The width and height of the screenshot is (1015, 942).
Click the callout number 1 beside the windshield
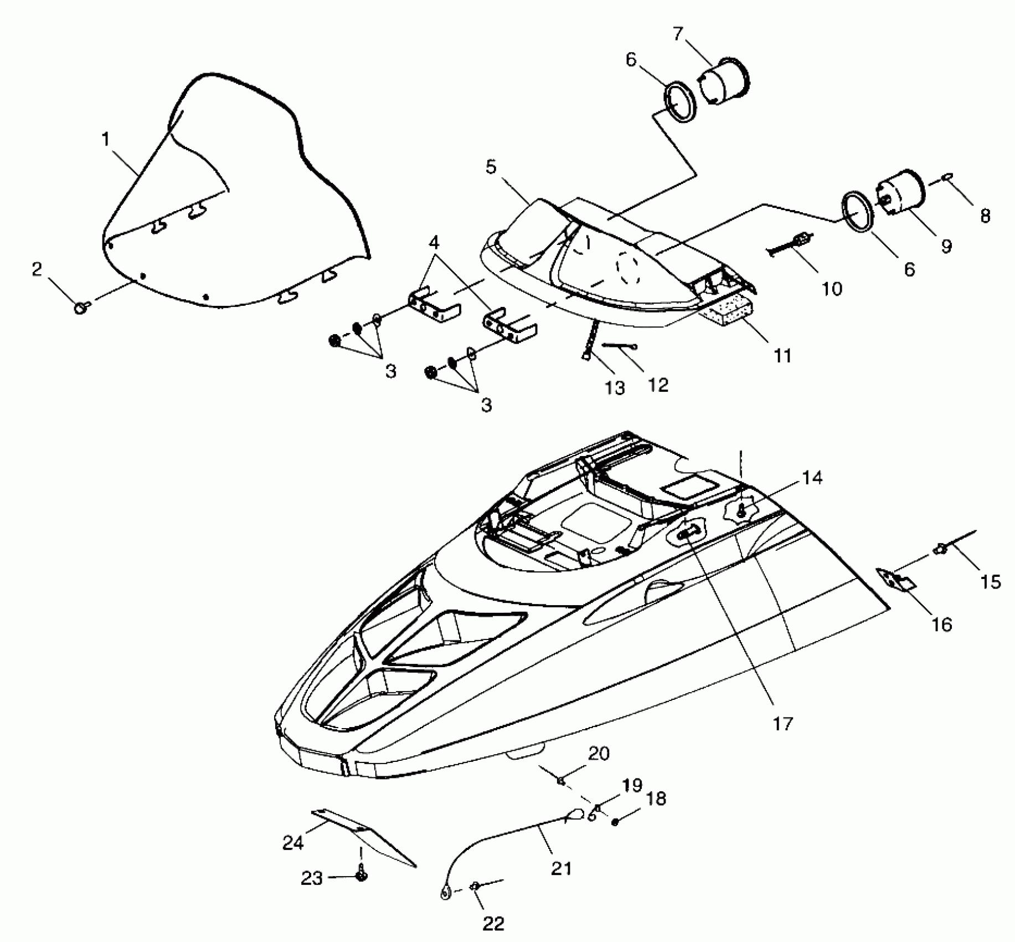[x=106, y=139]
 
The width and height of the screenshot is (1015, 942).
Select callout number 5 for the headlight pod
[x=491, y=167]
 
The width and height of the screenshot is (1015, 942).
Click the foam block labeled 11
[x=726, y=314]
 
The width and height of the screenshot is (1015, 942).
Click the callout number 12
[x=658, y=384]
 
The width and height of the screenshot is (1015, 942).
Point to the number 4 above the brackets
[x=434, y=242]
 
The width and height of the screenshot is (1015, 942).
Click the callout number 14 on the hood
[x=812, y=477]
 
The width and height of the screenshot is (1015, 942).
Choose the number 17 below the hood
[x=782, y=723]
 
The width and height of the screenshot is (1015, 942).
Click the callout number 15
[x=991, y=581]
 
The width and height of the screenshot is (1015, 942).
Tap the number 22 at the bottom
[x=493, y=923]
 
